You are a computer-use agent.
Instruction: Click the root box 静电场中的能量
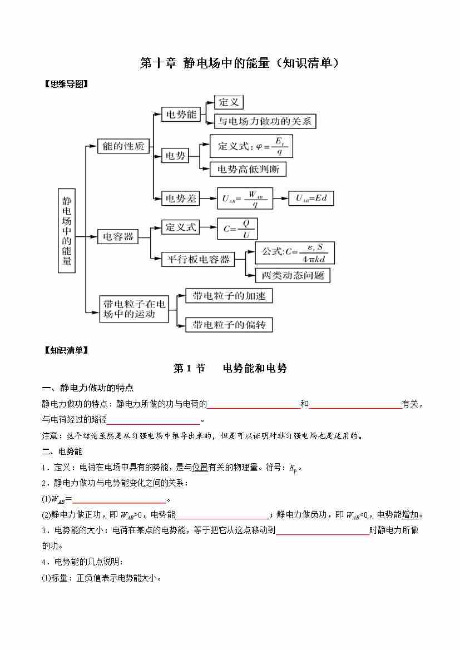click(x=67, y=230)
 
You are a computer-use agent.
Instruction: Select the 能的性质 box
click(x=123, y=146)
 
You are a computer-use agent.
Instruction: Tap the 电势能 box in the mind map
click(x=181, y=115)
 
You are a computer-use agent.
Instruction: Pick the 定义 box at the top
click(x=229, y=102)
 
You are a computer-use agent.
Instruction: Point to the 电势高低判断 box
click(x=248, y=169)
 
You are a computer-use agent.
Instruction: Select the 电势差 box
click(x=181, y=198)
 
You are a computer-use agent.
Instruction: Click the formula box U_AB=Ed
click(x=311, y=198)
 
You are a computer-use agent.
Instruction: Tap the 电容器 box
click(x=116, y=236)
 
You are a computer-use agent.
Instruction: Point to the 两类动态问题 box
click(x=293, y=275)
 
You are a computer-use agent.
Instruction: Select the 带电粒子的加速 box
click(x=229, y=295)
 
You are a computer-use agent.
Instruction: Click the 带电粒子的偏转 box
click(x=229, y=325)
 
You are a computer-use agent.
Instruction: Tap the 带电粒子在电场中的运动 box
click(x=134, y=309)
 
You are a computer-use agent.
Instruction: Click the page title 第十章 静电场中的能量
click(x=239, y=63)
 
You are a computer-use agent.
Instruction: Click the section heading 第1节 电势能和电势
click(x=230, y=368)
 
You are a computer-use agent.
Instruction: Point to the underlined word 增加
click(x=410, y=515)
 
